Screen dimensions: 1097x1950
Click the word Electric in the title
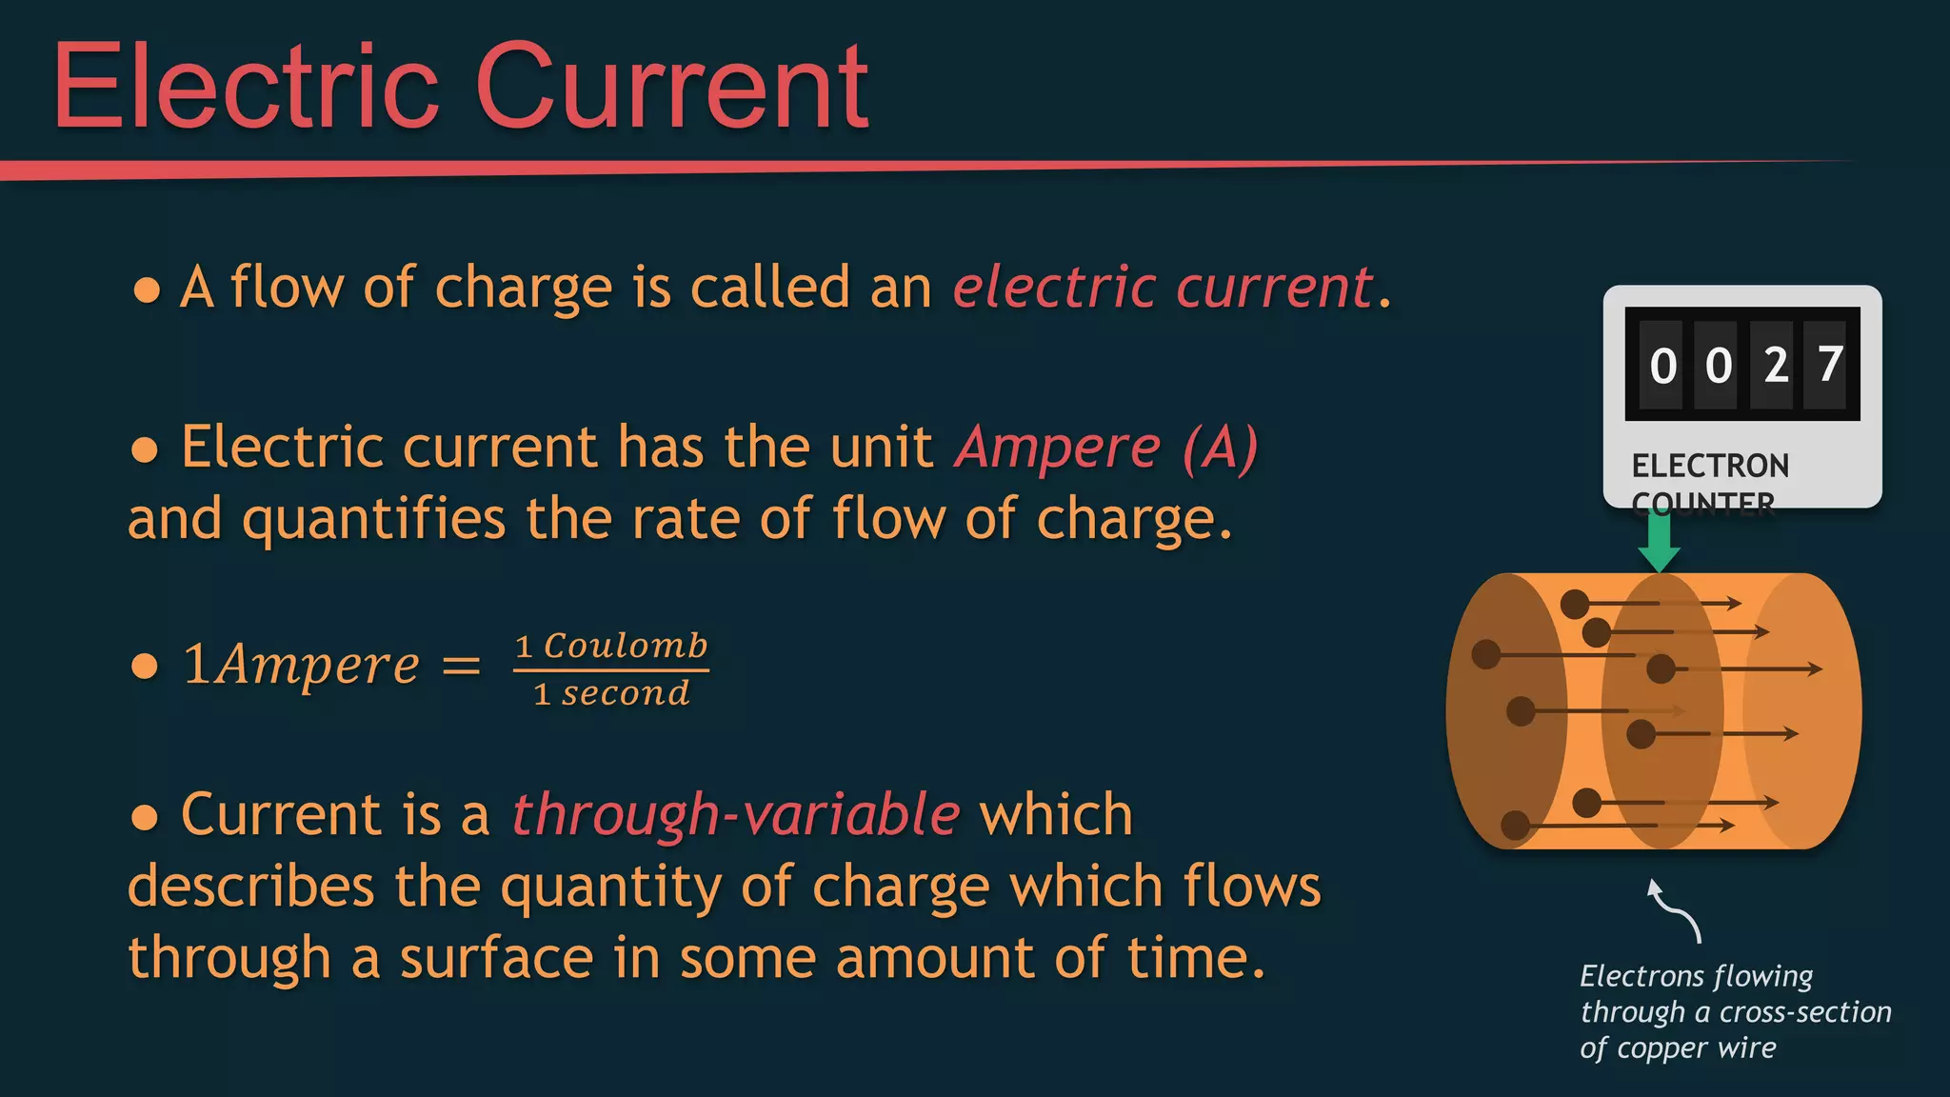pyautogui.click(x=246, y=88)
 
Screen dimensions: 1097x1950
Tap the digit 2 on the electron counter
pyautogui.click(x=1775, y=366)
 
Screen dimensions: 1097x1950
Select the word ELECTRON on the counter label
pyautogui.click(x=1710, y=466)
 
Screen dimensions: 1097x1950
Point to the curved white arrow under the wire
pyautogui.click(x=1675, y=909)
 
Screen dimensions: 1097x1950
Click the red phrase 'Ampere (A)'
pyautogui.click(x=1106, y=447)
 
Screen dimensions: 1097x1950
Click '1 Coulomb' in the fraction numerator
pyautogui.click(x=611, y=646)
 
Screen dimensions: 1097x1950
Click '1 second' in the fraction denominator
pyautogui.click(x=611, y=693)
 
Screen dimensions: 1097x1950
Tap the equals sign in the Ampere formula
pyautogui.click(x=462, y=665)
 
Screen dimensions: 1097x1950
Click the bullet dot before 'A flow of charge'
pyautogui.click(x=147, y=289)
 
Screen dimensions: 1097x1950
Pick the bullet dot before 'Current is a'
pyautogui.click(x=145, y=817)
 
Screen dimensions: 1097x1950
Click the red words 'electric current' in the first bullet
pyautogui.click(x=1163, y=287)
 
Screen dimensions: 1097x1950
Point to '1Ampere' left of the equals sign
pyautogui.click(x=301, y=665)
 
